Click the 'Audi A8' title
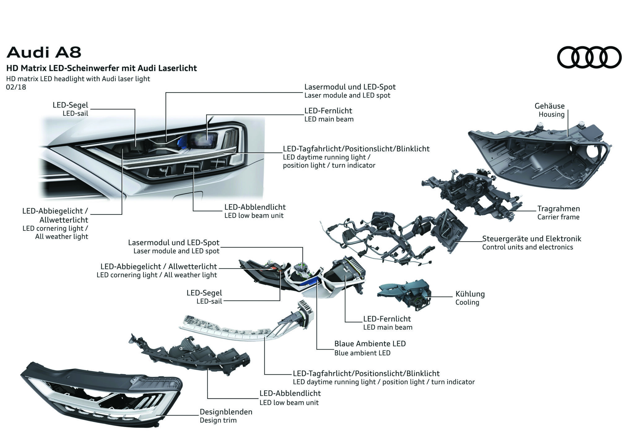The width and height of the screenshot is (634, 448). tap(44, 52)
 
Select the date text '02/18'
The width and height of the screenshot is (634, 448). tap(16, 87)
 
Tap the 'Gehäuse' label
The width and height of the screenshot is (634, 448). tap(549, 106)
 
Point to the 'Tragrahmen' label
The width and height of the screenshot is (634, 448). tap(558, 209)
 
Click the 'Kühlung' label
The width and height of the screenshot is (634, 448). tap(470, 294)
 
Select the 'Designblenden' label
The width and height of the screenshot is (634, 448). tap(226, 412)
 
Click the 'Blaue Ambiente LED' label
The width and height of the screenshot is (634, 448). tap(370, 343)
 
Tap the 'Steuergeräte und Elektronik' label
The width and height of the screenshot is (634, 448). tap(531, 239)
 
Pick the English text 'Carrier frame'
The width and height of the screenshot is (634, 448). tap(558, 217)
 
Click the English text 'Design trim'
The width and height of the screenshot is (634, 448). tap(218, 420)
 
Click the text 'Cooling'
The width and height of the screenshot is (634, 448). tap(467, 302)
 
